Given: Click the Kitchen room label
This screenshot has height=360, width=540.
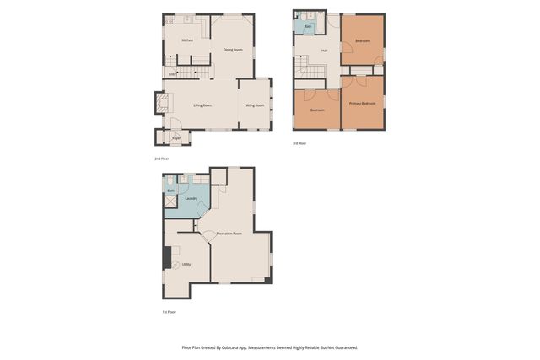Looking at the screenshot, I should coord(186,40).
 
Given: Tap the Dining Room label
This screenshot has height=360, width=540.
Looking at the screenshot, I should coord(233,50).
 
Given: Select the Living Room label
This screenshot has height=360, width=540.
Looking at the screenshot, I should coord(202,105).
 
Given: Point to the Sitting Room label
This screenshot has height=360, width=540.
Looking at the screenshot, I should coord(254,105).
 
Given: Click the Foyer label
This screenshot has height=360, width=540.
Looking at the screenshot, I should coord(176,137).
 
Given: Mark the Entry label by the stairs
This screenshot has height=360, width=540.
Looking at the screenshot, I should coord(172,74).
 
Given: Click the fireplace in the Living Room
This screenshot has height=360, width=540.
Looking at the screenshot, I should coord(159,103).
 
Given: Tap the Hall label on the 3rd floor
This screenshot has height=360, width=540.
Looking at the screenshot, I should coord(324,51).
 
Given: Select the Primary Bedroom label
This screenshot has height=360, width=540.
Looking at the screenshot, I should coord(362,103).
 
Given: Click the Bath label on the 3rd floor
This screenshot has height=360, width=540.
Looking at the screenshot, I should coord(308,26).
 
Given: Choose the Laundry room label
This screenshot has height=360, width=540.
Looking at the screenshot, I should coord(192,198).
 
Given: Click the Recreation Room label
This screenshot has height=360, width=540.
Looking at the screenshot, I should coord(229,233).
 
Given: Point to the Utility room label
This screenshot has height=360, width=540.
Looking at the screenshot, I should coord(186,264).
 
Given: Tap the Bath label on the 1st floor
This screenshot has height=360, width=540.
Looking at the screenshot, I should coord(170,191).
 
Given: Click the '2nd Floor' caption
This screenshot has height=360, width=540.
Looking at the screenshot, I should coord(161,159).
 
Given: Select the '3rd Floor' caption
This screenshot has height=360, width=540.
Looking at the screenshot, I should coord(300,142).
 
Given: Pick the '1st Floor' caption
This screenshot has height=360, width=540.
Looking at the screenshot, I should coord(169,313).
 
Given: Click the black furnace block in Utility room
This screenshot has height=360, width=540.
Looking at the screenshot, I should coord(167,257).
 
